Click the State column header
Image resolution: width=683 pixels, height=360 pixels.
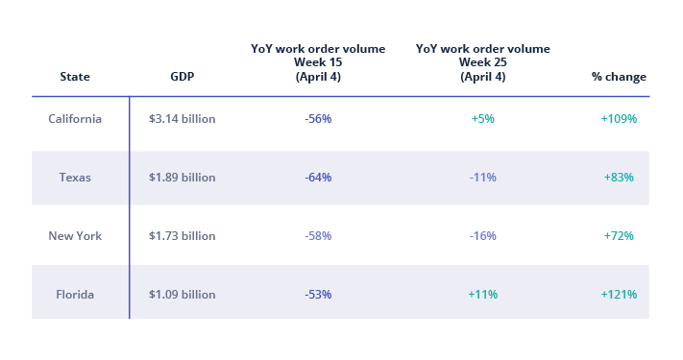pyautogui.click(x=75, y=77)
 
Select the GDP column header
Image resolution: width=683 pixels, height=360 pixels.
pyautogui.click(x=182, y=77)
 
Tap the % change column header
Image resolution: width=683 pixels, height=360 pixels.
pyautogui.click(x=619, y=77)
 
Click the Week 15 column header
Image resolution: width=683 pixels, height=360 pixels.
pyautogui.click(x=318, y=62)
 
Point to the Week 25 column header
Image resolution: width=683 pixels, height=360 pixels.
pyautogui.click(x=482, y=62)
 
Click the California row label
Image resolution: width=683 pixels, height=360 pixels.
pyautogui.click(x=75, y=119)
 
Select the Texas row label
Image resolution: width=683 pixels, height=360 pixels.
pyautogui.click(x=75, y=178)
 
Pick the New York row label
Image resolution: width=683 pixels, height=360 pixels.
pyautogui.click(x=75, y=235)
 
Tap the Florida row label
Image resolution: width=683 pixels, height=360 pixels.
pyautogui.click(x=75, y=294)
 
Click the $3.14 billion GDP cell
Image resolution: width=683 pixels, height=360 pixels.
pyautogui.click(x=183, y=119)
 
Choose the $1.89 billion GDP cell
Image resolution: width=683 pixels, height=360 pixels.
pyautogui.click(x=183, y=178)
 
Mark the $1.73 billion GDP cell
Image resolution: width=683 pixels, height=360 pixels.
pyautogui.click(x=183, y=235)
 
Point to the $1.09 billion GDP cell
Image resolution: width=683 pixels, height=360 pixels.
pyautogui.click(x=183, y=294)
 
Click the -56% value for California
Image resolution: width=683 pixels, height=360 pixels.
pyautogui.click(x=318, y=119)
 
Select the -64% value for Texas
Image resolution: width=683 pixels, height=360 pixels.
pyautogui.click(x=318, y=178)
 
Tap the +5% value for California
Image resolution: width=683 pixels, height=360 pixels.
pyautogui.click(x=482, y=119)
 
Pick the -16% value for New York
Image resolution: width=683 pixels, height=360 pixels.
pyautogui.click(x=482, y=235)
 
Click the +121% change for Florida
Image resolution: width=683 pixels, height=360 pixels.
pyautogui.click(x=619, y=294)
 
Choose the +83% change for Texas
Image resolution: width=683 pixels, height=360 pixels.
pyautogui.click(x=619, y=178)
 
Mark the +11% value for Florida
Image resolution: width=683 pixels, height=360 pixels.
pyautogui.click(x=482, y=294)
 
